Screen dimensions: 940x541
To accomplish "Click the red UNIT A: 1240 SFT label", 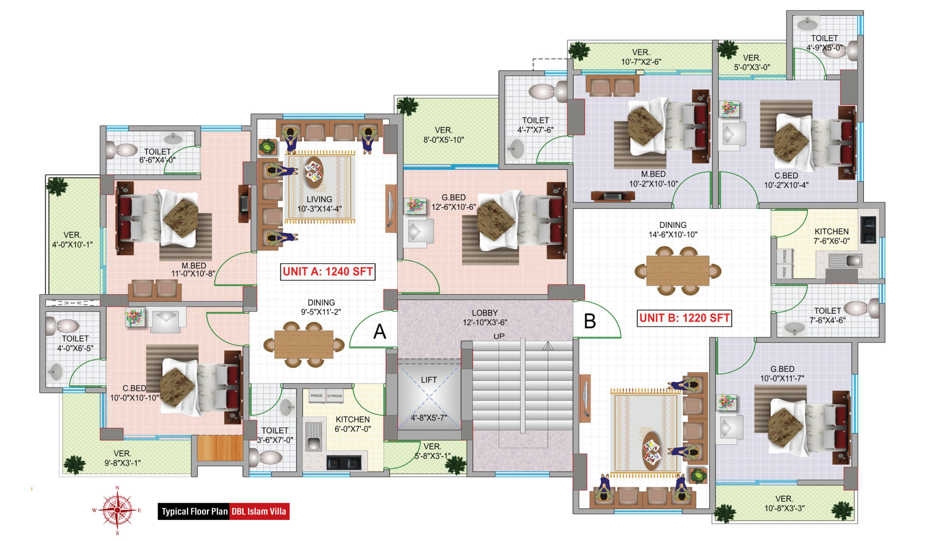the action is click(x=328, y=272).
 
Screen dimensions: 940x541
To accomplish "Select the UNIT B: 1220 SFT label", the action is click(x=684, y=318).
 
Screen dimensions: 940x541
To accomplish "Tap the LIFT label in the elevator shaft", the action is click(x=429, y=380).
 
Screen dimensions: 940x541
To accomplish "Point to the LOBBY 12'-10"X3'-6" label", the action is click(x=485, y=318).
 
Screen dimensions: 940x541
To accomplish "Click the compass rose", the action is click(x=117, y=510).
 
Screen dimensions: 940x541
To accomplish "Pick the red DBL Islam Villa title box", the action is click(x=259, y=511).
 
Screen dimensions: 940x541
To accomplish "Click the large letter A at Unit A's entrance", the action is click(x=380, y=332).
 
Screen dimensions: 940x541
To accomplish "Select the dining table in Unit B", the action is click(x=677, y=270).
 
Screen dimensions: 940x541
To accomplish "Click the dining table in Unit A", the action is click(x=304, y=344).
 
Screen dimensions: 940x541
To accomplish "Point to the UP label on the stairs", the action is click(x=499, y=336).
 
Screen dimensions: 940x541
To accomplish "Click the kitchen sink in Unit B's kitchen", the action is click(x=845, y=261).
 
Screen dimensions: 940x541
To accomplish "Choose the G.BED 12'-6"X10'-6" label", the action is click(x=453, y=202).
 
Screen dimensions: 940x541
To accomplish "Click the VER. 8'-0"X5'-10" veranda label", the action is click(x=444, y=135).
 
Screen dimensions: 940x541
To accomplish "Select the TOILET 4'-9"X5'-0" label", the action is click(x=824, y=43).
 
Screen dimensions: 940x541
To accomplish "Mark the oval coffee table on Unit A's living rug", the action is click(x=314, y=172).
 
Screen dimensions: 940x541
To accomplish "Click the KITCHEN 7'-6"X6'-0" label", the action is click(x=832, y=236).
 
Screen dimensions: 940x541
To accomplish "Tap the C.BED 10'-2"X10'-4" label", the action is click(x=786, y=180).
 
